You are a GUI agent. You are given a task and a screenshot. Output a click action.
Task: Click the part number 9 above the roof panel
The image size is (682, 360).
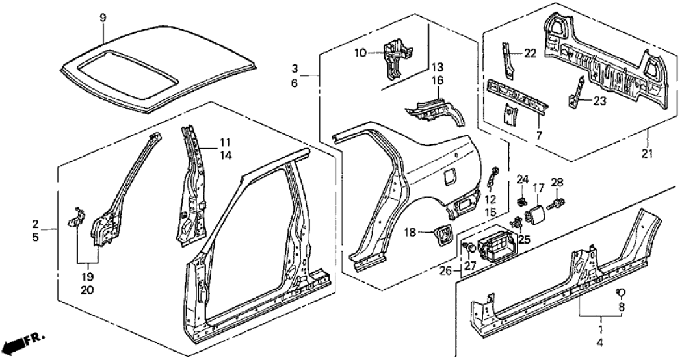click(101, 18)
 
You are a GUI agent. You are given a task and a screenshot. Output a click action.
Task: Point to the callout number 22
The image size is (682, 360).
click(531, 54)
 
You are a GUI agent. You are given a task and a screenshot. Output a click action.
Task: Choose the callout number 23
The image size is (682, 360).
click(599, 100)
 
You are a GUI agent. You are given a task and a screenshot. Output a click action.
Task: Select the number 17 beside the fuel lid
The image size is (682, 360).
click(538, 190)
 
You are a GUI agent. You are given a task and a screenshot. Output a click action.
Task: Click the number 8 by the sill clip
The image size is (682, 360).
click(621, 307)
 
